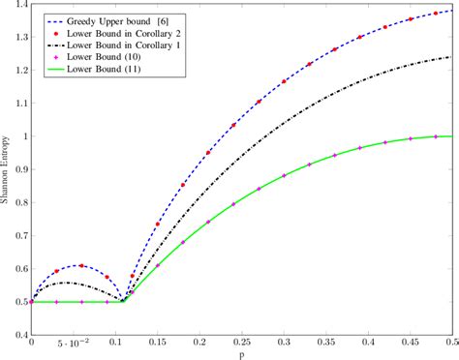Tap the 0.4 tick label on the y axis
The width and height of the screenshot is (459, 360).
pos(19,335)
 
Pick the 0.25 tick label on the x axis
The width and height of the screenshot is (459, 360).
pos(242,343)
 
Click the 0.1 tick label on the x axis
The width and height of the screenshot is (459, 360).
pos(116,343)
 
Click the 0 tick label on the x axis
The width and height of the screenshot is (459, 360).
pos(32,343)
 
